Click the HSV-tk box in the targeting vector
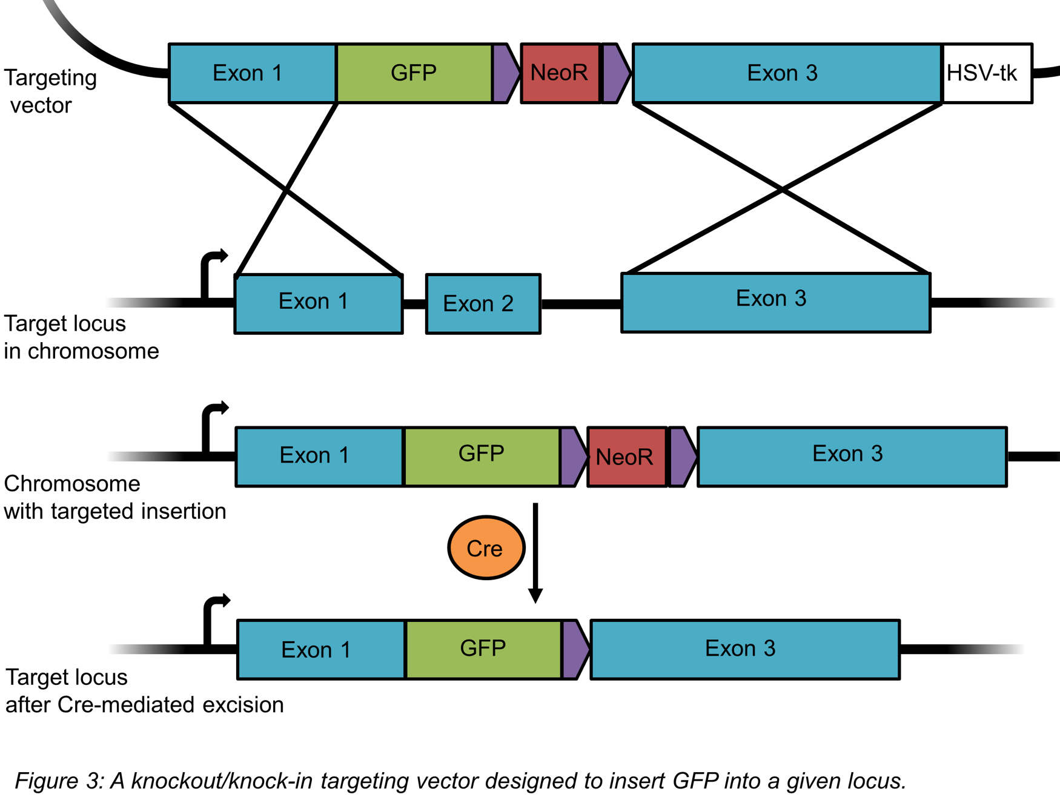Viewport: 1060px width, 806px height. (x=987, y=73)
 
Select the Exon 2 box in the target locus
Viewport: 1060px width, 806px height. (x=483, y=303)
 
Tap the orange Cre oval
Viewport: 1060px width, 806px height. (x=486, y=548)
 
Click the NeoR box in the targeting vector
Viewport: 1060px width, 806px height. (x=560, y=73)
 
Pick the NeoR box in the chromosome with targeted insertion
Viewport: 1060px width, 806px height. (x=626, y=457)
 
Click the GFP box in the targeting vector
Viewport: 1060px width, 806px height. (x=414, y=73)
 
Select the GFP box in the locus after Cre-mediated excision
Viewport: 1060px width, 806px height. (x=483, y=649)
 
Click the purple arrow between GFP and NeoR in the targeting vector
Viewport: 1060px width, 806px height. (x=505, y=73)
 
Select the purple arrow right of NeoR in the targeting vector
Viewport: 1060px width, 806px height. (x=615, y=73)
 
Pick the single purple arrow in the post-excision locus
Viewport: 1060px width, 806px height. (x=574, y=649)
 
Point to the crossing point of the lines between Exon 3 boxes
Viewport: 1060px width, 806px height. (x=781, y=190)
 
